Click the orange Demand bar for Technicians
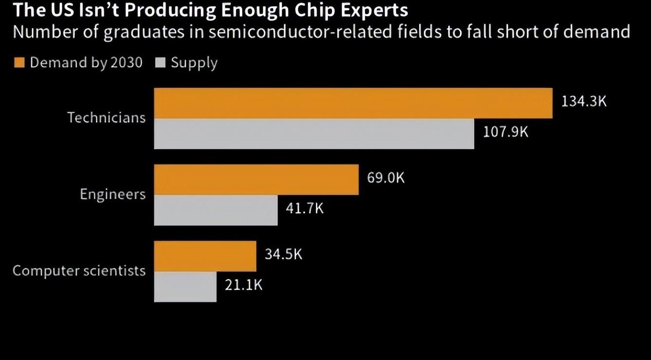tap(353, 103)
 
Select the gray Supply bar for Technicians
tap(314, 134)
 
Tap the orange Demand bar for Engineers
tap(256, 180)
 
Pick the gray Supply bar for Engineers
tap(216, 210)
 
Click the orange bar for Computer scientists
tap(205, 256)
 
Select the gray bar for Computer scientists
tap(185, 287)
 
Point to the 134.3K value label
tap(584, 102)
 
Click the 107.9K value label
tap(505, 132)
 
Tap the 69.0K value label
tap(385, 178)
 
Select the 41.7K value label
tap(304, 208)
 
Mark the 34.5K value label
tap(283, 254)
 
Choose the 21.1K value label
tap(243, 285)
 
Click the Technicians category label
tap(106, 118)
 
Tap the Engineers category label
tap(112, 194)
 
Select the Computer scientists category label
tap(79, 270)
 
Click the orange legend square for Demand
tap(19, 63)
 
